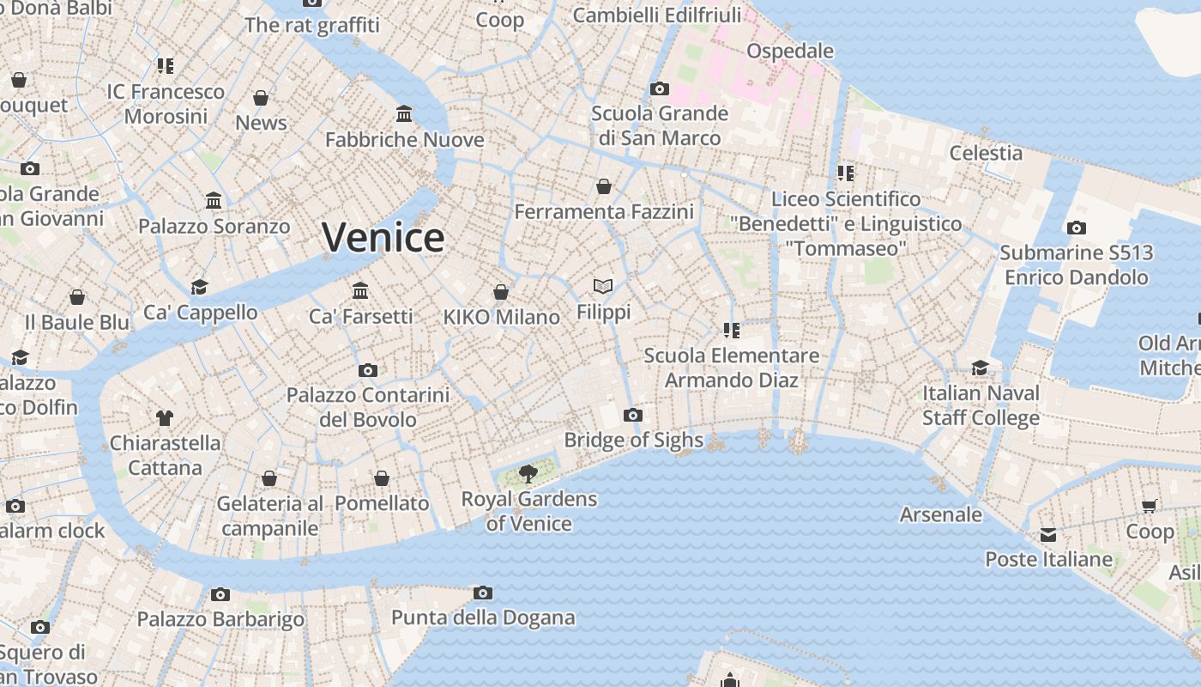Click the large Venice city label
click(383, 237)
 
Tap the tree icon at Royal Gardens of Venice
click(528, 472)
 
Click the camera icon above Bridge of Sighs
click(633, 416)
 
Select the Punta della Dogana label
click(483, 617)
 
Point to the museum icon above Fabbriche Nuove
click(404, 114)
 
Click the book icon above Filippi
click(603, 287)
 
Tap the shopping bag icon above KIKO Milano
click(501, 293)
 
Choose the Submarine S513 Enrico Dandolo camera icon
click(1076, 228)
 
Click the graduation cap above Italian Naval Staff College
click(980, 368)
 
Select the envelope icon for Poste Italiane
click(1047, 535)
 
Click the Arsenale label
click(940, 514)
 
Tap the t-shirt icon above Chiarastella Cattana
click(165, 418)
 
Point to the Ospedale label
click(789, 51)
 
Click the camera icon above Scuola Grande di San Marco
click(660, 88)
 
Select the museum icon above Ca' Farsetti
click(360, 291)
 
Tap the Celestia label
click(986, 153)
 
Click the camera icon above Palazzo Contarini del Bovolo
click(368, 370)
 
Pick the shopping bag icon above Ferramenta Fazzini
click(604, 186)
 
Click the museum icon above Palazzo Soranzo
click(214, 201)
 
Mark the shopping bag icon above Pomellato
click(382, 478)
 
